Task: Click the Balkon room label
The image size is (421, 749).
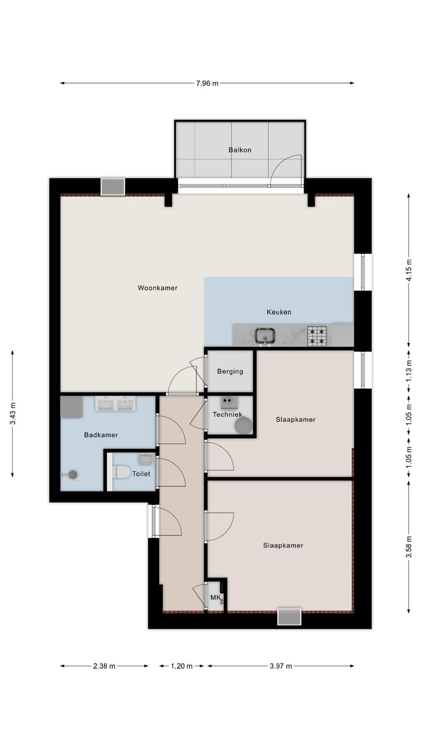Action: [240, 150]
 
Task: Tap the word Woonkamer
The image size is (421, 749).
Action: [157, 288]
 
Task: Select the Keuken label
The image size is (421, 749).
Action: [279, 312]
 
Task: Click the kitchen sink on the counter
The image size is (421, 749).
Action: [265, 336]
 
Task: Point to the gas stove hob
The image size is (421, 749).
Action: [317, 336]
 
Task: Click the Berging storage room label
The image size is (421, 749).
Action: [230, 371]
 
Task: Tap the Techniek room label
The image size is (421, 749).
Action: [227, 415]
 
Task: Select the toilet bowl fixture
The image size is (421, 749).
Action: [121, 472]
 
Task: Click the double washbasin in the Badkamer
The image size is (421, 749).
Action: [116, 404]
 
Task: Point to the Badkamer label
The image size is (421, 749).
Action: [101, 435]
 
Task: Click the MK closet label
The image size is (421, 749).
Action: [216, 597]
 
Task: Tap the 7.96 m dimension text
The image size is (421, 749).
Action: [207, 83]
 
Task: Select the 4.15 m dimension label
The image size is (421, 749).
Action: [409, 270]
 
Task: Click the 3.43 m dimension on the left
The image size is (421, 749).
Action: [13, 413]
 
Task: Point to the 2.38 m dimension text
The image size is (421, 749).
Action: [104, 666]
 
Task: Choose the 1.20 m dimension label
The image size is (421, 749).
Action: [182, 666]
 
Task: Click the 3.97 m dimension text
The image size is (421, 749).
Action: [281, 666]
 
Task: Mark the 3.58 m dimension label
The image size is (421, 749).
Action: [409, 547]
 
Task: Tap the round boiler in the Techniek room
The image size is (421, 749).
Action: [244, 425]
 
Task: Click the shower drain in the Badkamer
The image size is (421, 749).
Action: [73, 475]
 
